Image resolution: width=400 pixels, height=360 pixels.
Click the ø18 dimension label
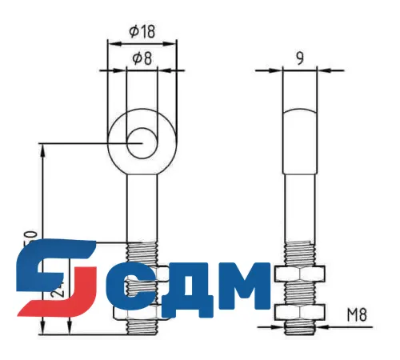coord(141,31)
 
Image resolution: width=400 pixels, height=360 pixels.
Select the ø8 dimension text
coord(141,58)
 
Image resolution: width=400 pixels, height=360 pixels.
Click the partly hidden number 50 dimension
coord(32,237)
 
